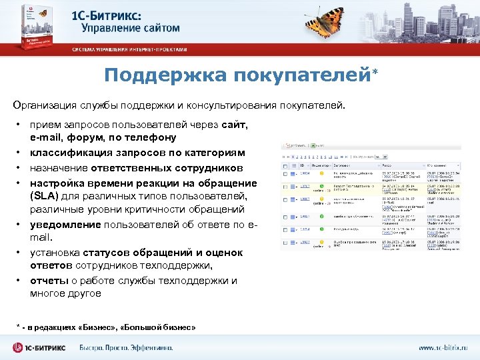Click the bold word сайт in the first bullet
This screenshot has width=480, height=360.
pyautogui.click(x=234, y=125)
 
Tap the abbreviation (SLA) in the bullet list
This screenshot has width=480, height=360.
pyautogui.click(x=45, y=196)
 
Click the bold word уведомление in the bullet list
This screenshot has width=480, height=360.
pyautogui.click(x=65, y=225)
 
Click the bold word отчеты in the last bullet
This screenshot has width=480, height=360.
pyautogui.click(x=47, y=281)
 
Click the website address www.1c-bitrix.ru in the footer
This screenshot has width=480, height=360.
pyautogui.click(x=443, y=348)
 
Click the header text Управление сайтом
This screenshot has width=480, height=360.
pyautogui.click(x=130, y=29)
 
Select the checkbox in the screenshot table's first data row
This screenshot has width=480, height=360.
pyautogui.click(x=287, y=174)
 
